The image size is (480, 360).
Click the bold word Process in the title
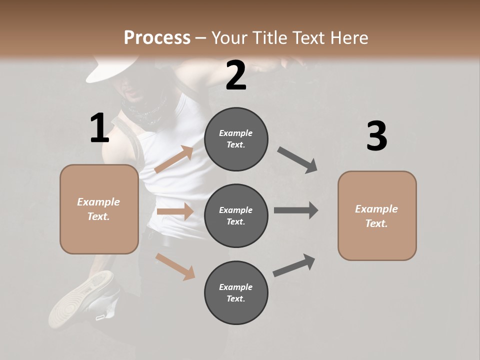pos(157,37)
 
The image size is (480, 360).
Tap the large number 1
pos(99,128)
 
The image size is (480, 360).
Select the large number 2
pos(236,75)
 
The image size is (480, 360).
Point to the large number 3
pos(376,136)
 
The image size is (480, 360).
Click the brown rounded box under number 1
pos(99,209)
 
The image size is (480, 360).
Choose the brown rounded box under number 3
pos(377,215)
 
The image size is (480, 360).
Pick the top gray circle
pos(236,139)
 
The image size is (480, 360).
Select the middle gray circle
pos(236,215)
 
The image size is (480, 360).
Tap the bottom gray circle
pos(236,292)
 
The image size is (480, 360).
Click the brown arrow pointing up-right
pos(174,159)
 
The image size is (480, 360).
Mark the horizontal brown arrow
pos(175,211)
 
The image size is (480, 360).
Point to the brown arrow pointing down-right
pos(175,266)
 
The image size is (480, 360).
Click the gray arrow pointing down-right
pos(297,160)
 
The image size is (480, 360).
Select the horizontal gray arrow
pos(295,210)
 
